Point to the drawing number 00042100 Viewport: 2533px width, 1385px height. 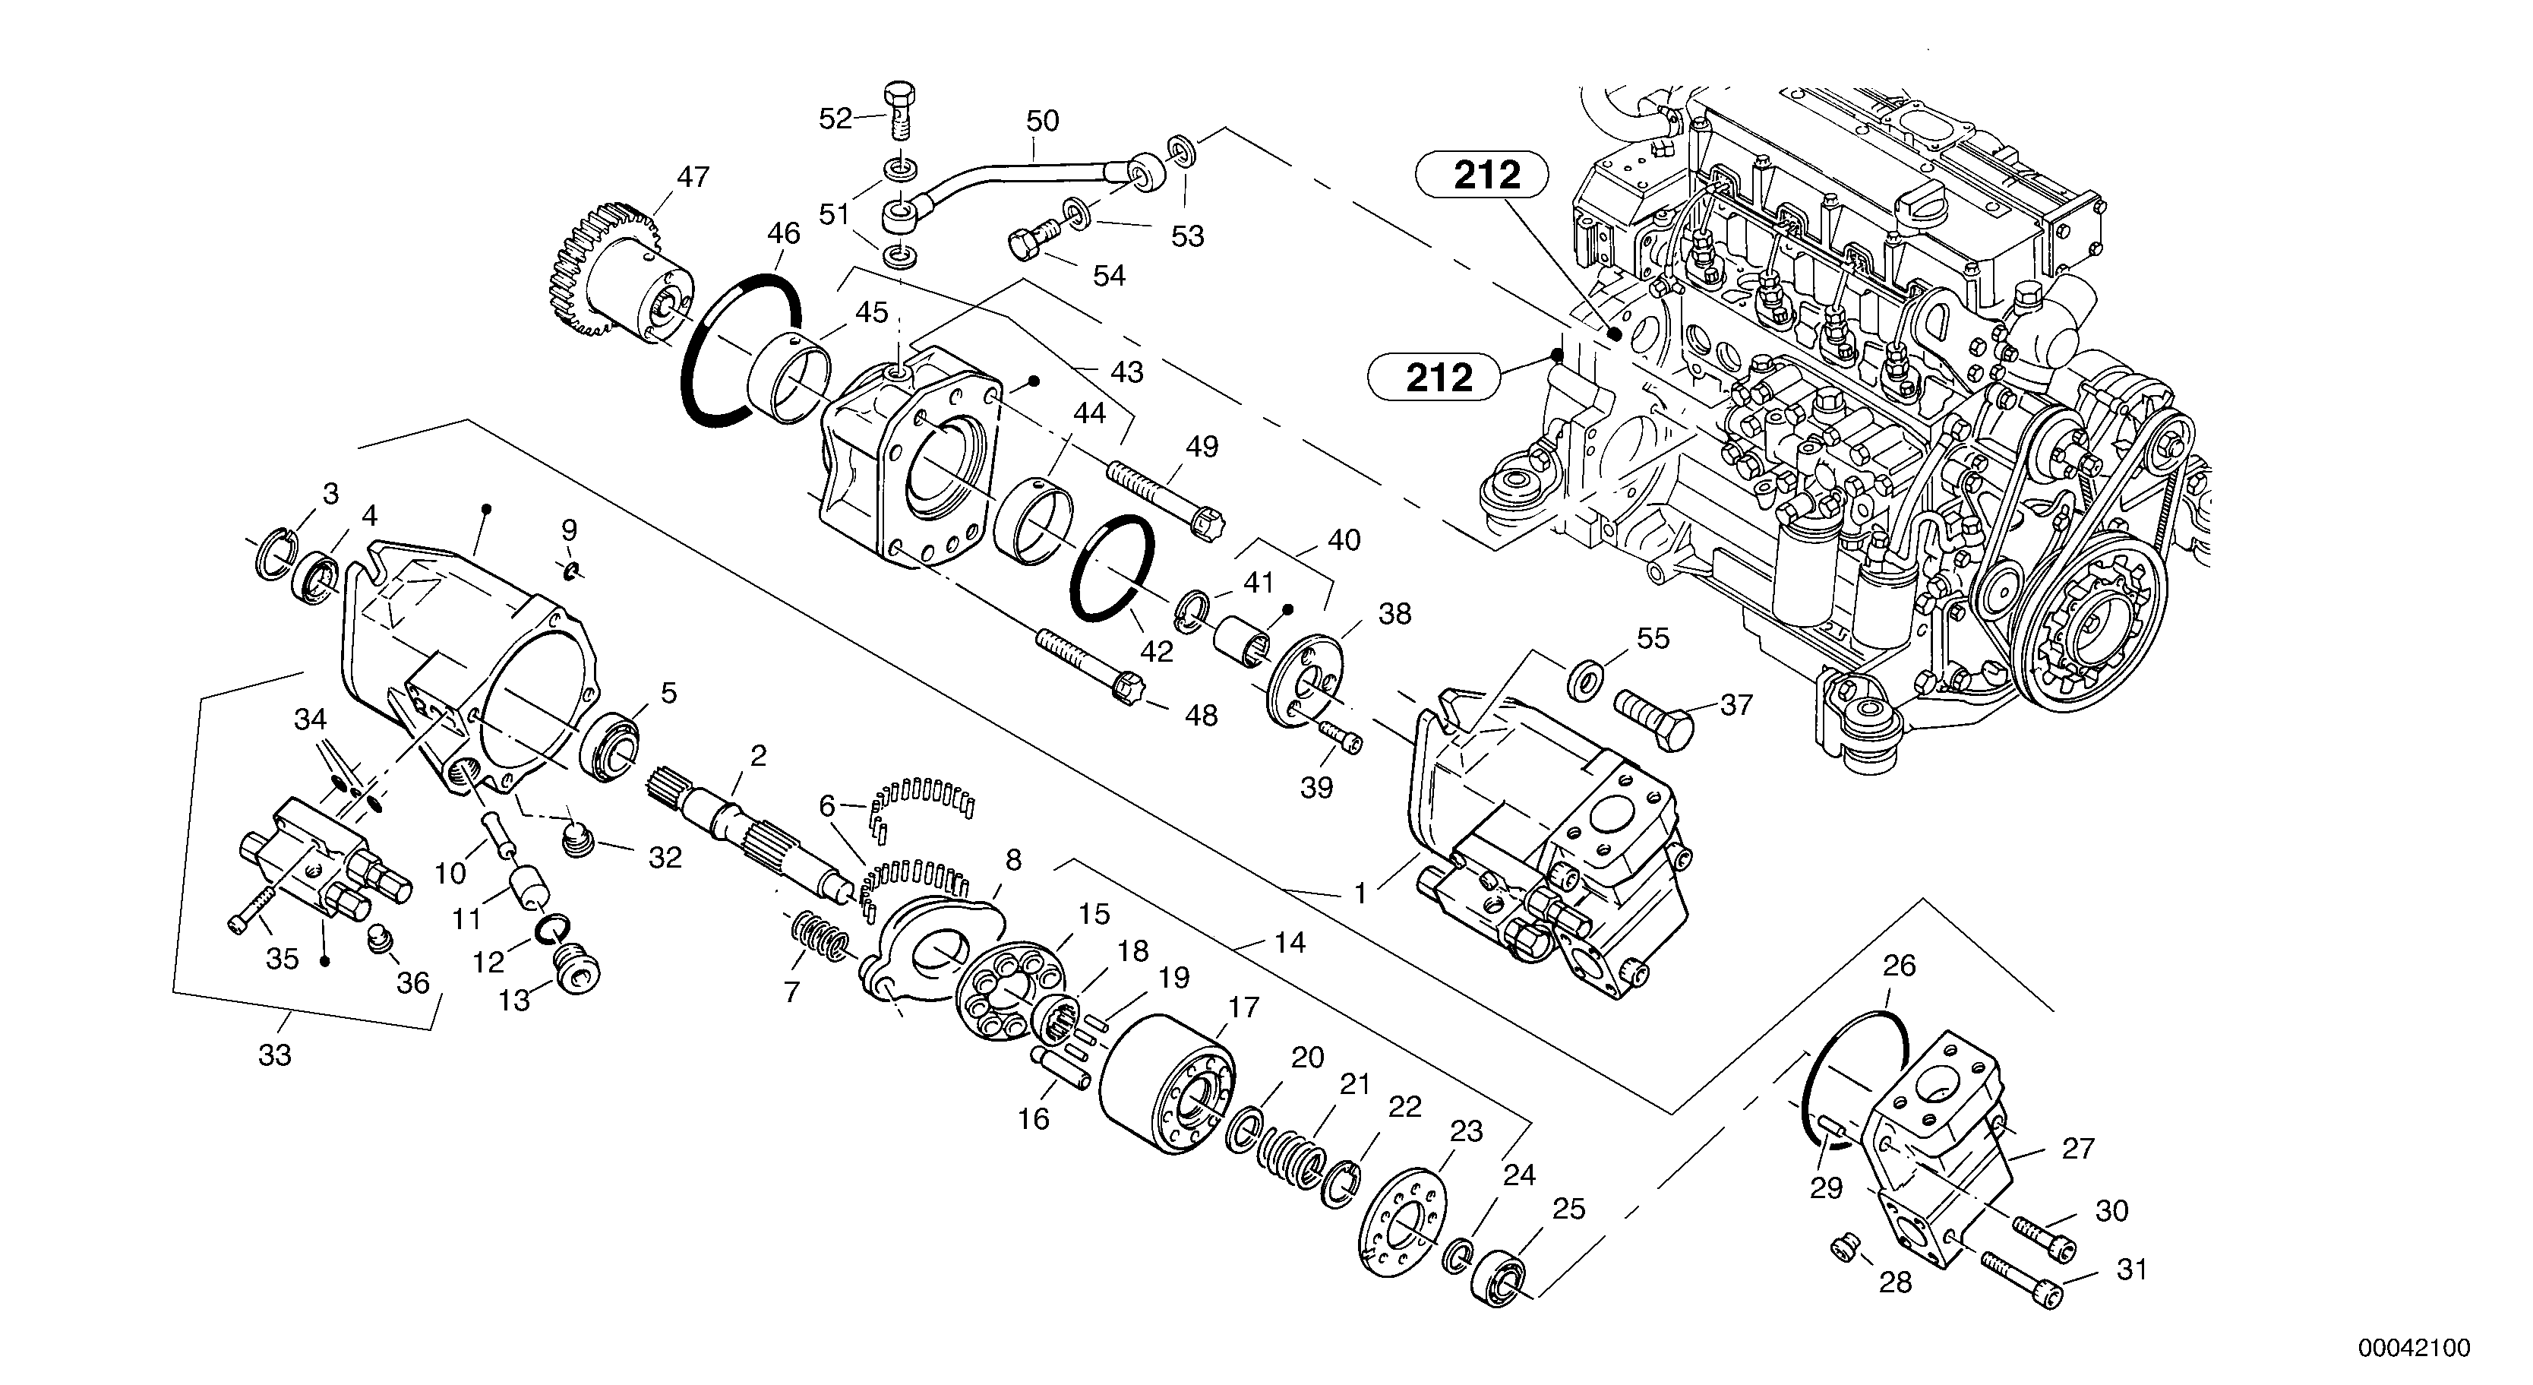(2412, 1348)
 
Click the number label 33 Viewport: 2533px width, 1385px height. (274, 1055)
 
